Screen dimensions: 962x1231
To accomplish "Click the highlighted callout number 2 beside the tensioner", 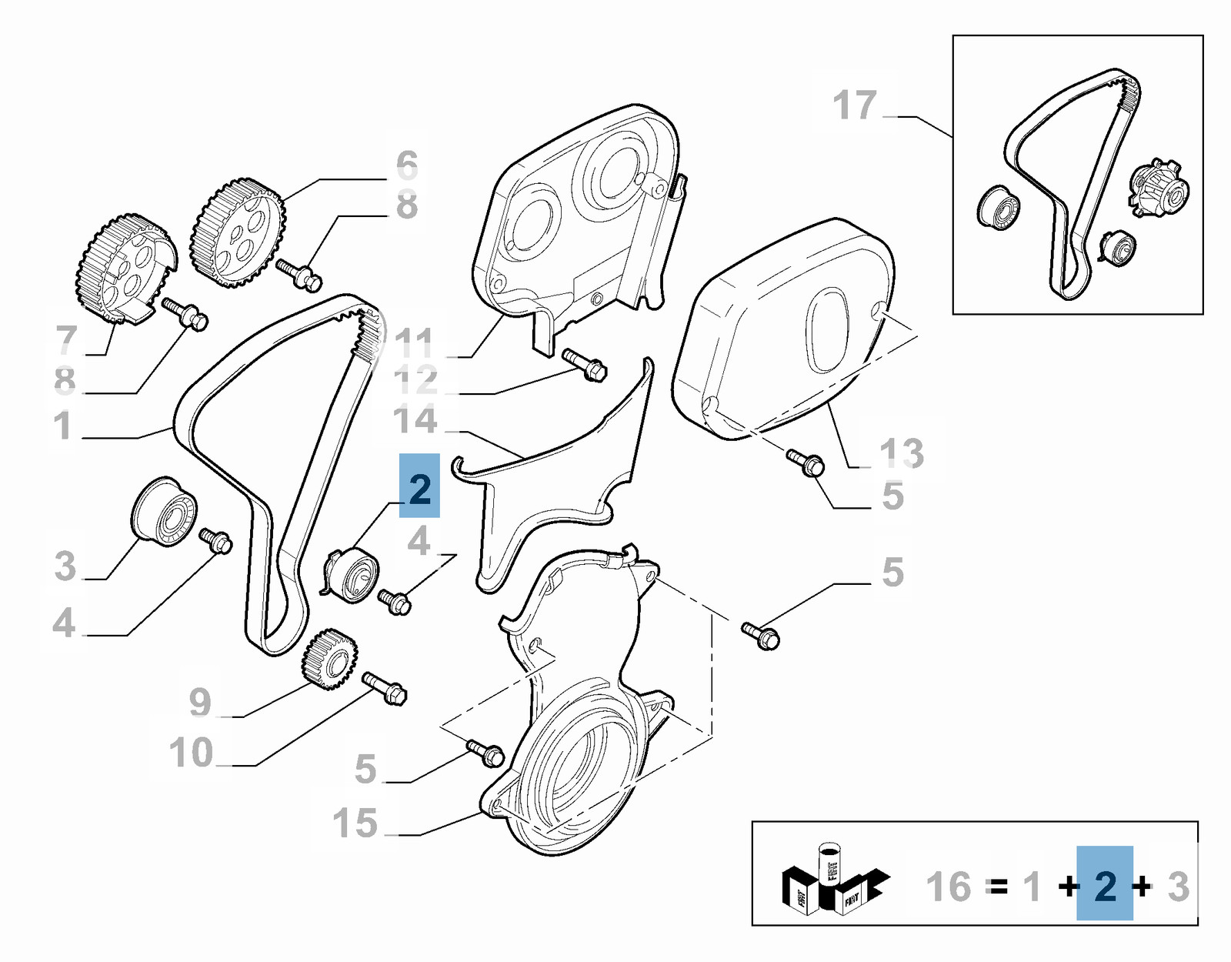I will pyautogui.click(x=419, y=487).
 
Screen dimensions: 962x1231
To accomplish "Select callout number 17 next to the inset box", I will pyautogui.click(x=855, y=105).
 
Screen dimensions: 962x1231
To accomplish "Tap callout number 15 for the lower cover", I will pyautogui.click(x=355, y=823).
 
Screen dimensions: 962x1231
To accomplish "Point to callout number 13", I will pyautogui.click(x=902, y=453).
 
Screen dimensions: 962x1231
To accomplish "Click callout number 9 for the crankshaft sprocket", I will pyautogui.click(x=200, y=702).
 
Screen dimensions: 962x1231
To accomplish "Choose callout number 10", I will pyautogui.click(x=191, y=753).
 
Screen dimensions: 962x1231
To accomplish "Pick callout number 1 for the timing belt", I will pyautogui.click(x=63, y=426).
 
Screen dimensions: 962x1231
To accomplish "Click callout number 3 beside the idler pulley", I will pyautogui.click(x=65, y=566).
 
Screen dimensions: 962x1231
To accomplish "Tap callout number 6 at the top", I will pyautogui.click(x=407, y=165).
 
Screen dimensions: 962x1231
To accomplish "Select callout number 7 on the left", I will pyautogui.click(x=67, y=339).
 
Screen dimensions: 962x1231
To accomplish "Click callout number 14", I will pyautogui.click(x=415, y=420).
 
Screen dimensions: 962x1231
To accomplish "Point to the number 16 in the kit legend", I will pyautogui.click(x=949, y=887).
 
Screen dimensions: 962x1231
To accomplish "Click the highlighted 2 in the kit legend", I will pyautogui.click(x=1105, y=887).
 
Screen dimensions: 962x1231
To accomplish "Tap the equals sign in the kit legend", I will pyautogui.click(x=998, y=887).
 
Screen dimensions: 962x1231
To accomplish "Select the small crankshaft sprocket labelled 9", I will pyautogui.click(x=329, y=658).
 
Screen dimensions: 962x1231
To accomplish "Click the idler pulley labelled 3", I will pyautogui.click(x=164, y=511).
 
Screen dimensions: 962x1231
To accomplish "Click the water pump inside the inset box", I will pyautogui.click(x=1159, y=188).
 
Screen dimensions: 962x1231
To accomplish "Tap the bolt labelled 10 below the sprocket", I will pyautogui.click(x=385, y=688).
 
